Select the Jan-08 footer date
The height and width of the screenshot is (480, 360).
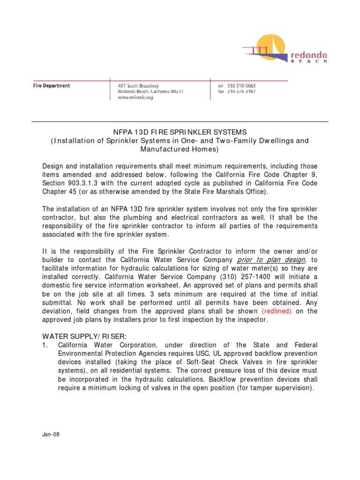[x=51, y=434]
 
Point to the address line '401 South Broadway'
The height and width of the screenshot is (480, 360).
[x=138, y=86]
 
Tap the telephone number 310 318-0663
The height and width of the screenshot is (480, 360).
[x=241, y=86]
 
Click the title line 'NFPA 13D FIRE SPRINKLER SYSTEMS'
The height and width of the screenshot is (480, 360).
[x=180, y=132]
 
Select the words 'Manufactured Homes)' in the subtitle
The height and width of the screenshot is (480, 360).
[x=180, y=149]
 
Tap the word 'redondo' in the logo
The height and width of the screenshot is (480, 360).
[x=309, y=55]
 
